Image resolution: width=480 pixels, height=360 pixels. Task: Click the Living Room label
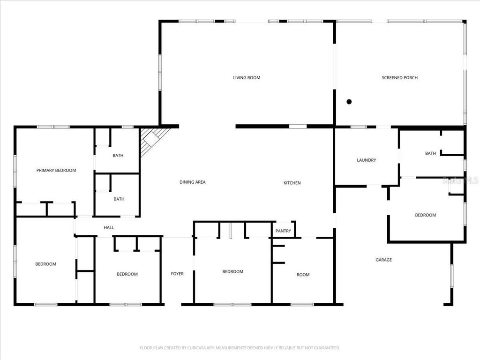(247, 78)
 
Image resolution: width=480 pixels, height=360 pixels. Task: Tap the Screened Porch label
(399, 78)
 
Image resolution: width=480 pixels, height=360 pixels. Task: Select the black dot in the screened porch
(349, 102)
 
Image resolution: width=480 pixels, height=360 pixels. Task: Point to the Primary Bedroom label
(56, 171)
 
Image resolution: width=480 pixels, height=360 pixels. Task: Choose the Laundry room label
(366, 160)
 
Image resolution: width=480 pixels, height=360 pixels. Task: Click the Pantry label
(283, 231)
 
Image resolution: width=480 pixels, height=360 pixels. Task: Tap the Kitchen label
(292, 183)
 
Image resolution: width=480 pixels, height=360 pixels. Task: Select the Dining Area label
(193, 182)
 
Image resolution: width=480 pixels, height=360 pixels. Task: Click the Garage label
(383, 260)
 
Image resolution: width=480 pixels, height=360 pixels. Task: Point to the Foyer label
(177, 274)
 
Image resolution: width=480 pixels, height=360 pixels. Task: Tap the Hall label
(109, 228)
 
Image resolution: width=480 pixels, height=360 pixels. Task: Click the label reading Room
(303, 275)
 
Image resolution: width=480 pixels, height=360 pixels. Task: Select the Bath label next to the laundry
(430, 154)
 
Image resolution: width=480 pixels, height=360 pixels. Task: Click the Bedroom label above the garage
(425, 215)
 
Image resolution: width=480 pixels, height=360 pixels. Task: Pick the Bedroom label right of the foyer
(232, 272)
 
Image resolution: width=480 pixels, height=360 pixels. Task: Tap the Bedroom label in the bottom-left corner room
(45, 264)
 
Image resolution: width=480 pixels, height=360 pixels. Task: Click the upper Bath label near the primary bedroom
(118, 156)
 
